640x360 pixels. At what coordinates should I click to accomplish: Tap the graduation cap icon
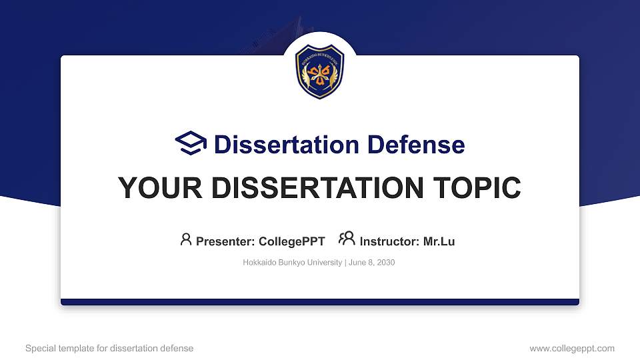coord(191,144)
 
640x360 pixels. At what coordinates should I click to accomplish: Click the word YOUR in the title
coord(155,189)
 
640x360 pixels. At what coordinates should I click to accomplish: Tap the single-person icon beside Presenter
coord(186,239)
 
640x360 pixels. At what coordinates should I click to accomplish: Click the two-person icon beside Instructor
coord(347,239)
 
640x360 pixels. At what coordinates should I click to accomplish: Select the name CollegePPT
coord(291,241)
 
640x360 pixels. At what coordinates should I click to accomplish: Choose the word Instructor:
coord(389,241)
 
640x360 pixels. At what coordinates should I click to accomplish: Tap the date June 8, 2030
coord(372,263)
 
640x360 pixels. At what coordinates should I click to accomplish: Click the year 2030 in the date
coord(385,263)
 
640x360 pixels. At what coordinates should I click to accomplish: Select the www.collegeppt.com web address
coord(572,348)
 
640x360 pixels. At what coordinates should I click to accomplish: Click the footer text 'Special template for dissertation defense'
coord(109,348)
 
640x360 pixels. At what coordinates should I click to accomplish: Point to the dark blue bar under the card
coord(320,302)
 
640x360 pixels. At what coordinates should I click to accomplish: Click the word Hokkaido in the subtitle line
coord(259,263)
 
